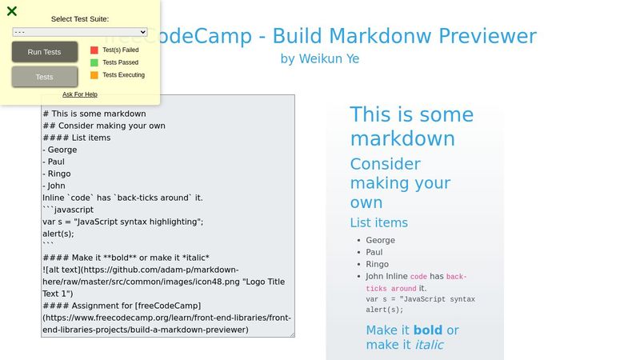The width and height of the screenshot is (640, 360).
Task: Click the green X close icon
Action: [x=12, y=11]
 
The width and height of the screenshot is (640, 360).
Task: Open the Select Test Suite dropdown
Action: [x=80, y=32]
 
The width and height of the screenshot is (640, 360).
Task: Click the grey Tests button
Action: [x=45, y=77]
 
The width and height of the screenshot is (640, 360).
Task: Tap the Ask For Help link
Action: [x=80, y=94]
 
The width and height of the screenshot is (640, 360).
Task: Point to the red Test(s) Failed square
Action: [x=94, y=50]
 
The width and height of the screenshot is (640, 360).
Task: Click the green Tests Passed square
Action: [x=94, y=62]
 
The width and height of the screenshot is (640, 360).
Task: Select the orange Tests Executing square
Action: [x=94, y=75]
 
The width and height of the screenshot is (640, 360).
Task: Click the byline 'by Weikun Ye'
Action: [x=320, y=58]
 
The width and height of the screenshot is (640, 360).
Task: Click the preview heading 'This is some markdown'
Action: [x=402, y=126]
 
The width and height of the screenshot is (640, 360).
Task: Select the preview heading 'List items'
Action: [x=379, y=222]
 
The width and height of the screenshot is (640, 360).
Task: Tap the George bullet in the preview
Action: [x=381, y=240]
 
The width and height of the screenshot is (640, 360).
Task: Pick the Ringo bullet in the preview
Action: [x=378, y=264]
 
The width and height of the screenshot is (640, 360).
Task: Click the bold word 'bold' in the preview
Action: [x=428, y=330]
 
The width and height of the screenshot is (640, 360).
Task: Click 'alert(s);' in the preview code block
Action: [x=385, y=310]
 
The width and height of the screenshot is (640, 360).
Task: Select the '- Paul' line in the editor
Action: [x=56, y=162]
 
